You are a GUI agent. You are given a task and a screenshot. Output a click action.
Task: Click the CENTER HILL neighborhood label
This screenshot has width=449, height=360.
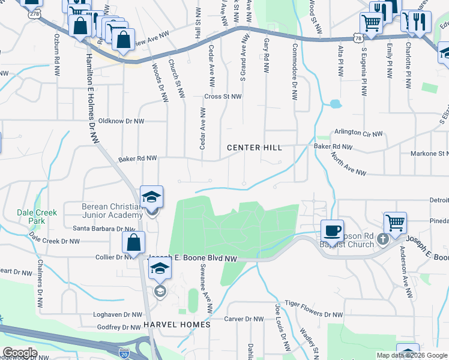pos(255,148)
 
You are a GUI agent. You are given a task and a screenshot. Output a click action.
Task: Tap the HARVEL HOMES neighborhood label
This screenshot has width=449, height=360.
pos(177,325)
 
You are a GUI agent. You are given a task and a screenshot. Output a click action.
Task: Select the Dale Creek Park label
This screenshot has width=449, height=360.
pos(37,217)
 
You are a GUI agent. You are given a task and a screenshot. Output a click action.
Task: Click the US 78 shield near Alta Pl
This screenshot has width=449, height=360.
pos(358,38)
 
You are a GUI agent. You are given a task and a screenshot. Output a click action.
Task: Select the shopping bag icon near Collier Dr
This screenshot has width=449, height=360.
pos(133,243)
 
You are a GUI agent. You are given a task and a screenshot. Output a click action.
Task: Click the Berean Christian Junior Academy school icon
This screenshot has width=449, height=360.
pos(152,196)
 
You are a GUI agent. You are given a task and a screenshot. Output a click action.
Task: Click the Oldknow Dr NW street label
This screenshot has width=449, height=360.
pos(121,121)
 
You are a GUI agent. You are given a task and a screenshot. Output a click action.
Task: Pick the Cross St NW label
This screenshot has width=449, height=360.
pos(223,96)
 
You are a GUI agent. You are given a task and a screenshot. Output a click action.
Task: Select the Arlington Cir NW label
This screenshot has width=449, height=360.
pos(358,132)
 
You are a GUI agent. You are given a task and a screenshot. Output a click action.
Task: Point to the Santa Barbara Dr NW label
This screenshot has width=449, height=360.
pos(104,229)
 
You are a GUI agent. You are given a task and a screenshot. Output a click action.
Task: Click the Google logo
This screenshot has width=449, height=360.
pos(19,353)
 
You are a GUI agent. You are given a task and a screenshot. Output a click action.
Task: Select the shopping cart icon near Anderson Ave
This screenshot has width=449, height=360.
pos(396,223)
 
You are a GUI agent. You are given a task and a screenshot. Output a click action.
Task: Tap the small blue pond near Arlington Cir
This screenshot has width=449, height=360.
pos(335,104)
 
